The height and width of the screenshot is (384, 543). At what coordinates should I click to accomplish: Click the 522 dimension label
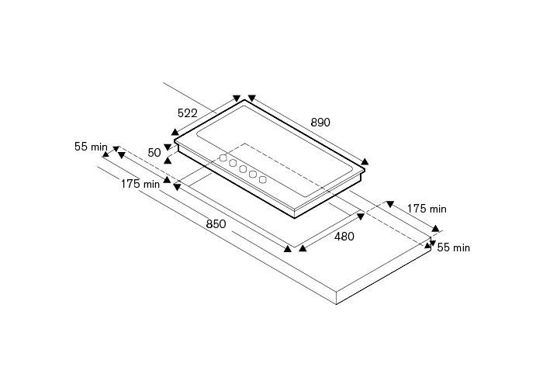[x=188, y=113]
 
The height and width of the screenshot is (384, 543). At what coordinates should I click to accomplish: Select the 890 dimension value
[x=320, y=123]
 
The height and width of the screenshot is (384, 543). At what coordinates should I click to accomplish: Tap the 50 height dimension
[x=154, y=153]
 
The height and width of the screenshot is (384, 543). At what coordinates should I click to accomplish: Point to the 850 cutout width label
[x=216, y=224]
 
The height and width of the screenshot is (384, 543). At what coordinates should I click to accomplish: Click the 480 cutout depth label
[x=344, y=237]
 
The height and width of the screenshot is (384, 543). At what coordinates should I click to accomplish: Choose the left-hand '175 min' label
[x=140, y=184]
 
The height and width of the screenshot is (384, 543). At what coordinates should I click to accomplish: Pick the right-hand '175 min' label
[x=427, y=209]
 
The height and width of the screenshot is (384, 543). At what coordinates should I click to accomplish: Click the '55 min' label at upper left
[x=91, y=147]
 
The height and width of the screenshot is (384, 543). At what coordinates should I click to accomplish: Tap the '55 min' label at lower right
[x=453, y=247]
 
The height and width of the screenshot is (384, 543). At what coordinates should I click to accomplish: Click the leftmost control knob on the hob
[x=223, y=158]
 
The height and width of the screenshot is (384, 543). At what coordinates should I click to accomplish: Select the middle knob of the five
[x=243, y=169]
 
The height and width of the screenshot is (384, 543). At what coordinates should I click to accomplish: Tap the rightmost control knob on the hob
[x=263, y=180]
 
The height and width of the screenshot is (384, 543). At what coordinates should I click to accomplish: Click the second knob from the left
[x=233, y=164]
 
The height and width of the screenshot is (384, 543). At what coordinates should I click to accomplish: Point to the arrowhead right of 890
[x=365, y=161]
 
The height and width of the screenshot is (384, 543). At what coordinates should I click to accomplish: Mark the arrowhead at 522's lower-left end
[x=175, y=132]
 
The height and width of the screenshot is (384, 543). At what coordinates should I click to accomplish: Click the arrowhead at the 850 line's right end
[x=288, y=248]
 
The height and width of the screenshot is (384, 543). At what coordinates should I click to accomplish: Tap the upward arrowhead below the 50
[x=168, y=160]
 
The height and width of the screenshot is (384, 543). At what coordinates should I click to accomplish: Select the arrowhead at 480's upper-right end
[x=361, y=216]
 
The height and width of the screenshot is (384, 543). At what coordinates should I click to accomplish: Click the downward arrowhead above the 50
[x=168, y=147]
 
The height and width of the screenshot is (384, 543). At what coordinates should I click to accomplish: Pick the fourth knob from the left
[x=253, y=175]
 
